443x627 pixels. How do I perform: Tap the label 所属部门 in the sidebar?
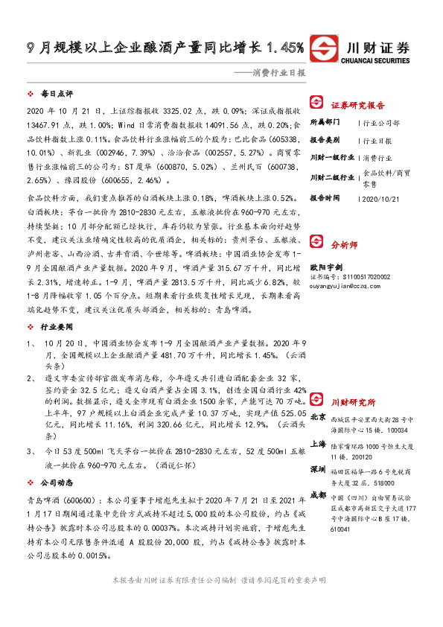pos(325,122)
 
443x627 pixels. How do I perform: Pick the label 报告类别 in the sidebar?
pos(325,139)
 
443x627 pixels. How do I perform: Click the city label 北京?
pos(318,417)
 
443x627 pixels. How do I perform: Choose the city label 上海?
pos(318,442)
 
